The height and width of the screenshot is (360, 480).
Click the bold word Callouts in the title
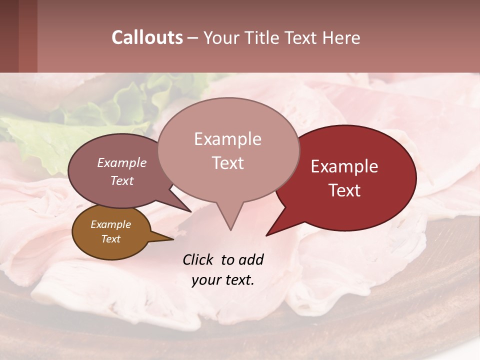pyautogui.click(x=147, y=37)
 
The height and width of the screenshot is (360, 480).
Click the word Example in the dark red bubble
pyautogui.click(x=344, y=166)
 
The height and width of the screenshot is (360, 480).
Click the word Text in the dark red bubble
pyautogui.click(x=345, y=190)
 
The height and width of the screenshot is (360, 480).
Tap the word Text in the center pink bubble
pyautogui.click(x=227, y=163)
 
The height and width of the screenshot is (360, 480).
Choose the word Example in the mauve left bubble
pyautogui.click(x=122, y=162)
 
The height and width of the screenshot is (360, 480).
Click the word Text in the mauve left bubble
pyautogui.click(x=122, y=180)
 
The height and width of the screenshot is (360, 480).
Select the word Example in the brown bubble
pyautogui.click(x=111, y=224)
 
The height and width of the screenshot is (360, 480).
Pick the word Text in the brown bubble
pyautogui.click(x=111, y=239)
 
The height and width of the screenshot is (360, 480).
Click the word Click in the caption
pyautogui.click(x=198, y=259)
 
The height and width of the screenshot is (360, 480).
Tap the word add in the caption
pyautogui.click(x=251, y=259)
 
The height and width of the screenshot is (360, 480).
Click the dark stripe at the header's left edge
pyautogui.click(x=9, y=36)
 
